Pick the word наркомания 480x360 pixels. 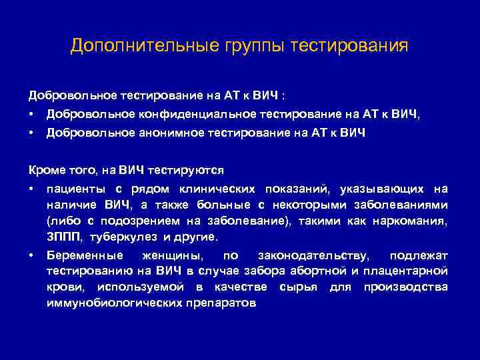click(414, 221)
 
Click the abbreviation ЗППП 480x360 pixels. click(61, 237)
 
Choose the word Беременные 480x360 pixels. click(84, 255)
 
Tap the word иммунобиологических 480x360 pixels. click(114, 303)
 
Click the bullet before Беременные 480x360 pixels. click(31, 255)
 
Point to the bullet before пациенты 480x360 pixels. click(31, 189)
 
